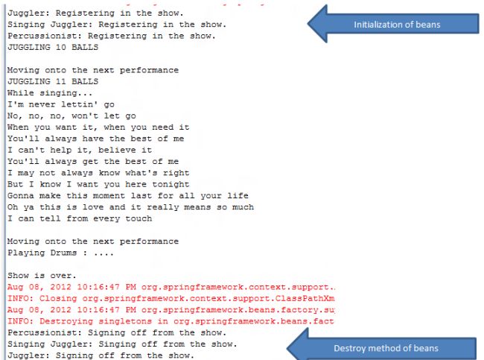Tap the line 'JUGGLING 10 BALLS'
point(52,46)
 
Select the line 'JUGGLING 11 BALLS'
point(52,81)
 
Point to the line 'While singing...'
point(50,93)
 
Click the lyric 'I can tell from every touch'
point(79,218)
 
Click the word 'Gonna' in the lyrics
point(21,195)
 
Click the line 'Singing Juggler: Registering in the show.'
point(117,24)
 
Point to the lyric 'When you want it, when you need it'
point(98,127)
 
